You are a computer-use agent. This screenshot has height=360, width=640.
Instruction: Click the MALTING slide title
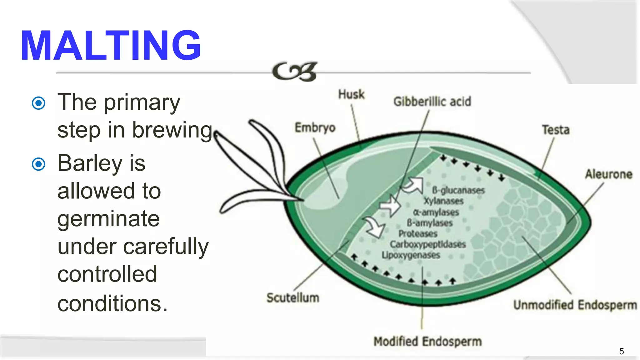111,46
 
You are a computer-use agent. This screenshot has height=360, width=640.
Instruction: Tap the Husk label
351,94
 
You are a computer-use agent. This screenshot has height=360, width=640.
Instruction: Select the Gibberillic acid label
432,102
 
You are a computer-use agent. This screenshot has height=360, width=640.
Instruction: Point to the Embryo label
315,128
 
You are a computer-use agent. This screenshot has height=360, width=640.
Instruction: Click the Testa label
555,130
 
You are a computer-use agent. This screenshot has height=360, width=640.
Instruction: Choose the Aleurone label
608,174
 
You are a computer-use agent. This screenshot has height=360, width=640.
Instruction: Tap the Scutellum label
293,298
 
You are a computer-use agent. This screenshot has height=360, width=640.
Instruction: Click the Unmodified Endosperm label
575,305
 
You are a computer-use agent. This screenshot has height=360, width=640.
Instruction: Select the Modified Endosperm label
427,342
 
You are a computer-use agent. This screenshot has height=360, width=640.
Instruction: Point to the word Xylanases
443,201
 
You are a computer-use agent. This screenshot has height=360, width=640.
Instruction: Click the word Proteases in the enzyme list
418,234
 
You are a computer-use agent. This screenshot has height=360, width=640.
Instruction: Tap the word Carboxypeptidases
427,244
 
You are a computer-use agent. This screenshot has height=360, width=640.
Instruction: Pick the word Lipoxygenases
411,255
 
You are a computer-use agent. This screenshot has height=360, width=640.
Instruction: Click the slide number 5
621,351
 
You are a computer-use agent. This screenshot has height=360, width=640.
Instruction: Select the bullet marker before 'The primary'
39,103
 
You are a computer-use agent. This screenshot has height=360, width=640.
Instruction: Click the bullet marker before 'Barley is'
39,164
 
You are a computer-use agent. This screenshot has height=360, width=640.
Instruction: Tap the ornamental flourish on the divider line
294,72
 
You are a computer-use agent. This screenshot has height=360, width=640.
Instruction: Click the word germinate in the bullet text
108,219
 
